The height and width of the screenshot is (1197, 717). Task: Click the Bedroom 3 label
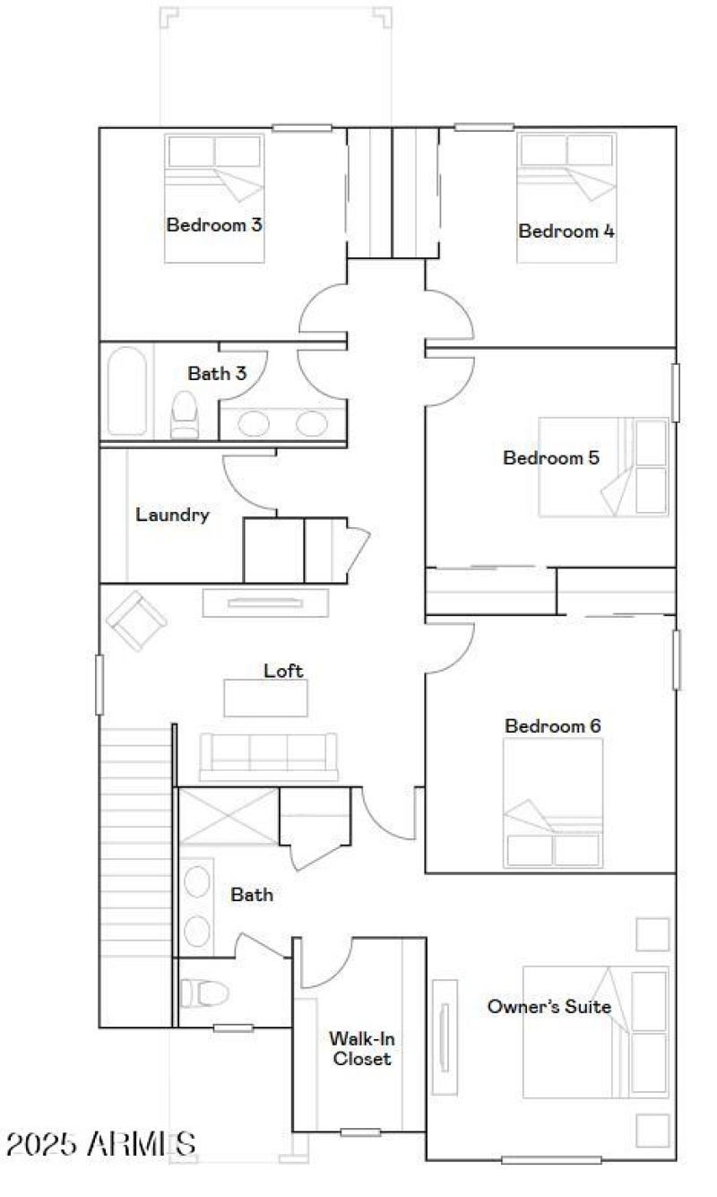pos(214,224)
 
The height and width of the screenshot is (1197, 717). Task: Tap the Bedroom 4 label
pos(566,230)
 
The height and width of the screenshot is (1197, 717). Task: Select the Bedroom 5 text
pos(551,457)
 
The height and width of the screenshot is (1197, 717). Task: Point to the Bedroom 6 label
pos(553,725)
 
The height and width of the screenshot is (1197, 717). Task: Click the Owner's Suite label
pos(549,1006)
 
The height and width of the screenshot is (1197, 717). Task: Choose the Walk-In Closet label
pos(361,1048)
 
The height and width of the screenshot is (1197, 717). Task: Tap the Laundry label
pos(172,515)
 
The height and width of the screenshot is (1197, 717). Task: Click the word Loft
pos(283,670)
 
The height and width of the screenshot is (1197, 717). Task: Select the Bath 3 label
pos(217,373)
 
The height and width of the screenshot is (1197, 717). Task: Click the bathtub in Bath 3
pos(127,391)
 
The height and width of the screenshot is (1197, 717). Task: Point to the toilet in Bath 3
pos(185,413)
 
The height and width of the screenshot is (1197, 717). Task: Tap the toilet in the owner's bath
pos(203,993)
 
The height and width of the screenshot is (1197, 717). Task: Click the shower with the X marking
pos(229,816)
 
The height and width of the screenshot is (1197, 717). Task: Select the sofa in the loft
pos(268,755)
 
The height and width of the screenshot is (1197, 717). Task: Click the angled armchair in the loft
pos(135,620)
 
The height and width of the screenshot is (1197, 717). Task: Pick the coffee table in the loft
pos(265,698)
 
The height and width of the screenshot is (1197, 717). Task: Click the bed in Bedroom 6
pos(552,803)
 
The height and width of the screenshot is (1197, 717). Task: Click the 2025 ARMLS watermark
pos(100,1143)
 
